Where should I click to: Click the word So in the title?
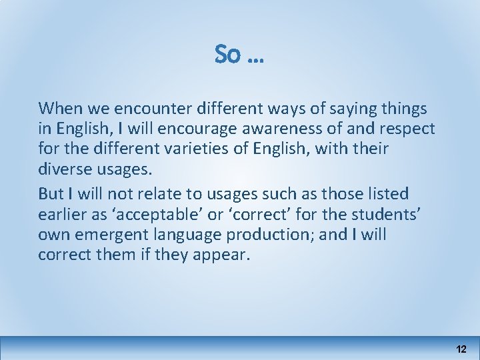point(228,55)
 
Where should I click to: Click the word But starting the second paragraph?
point(51,193)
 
